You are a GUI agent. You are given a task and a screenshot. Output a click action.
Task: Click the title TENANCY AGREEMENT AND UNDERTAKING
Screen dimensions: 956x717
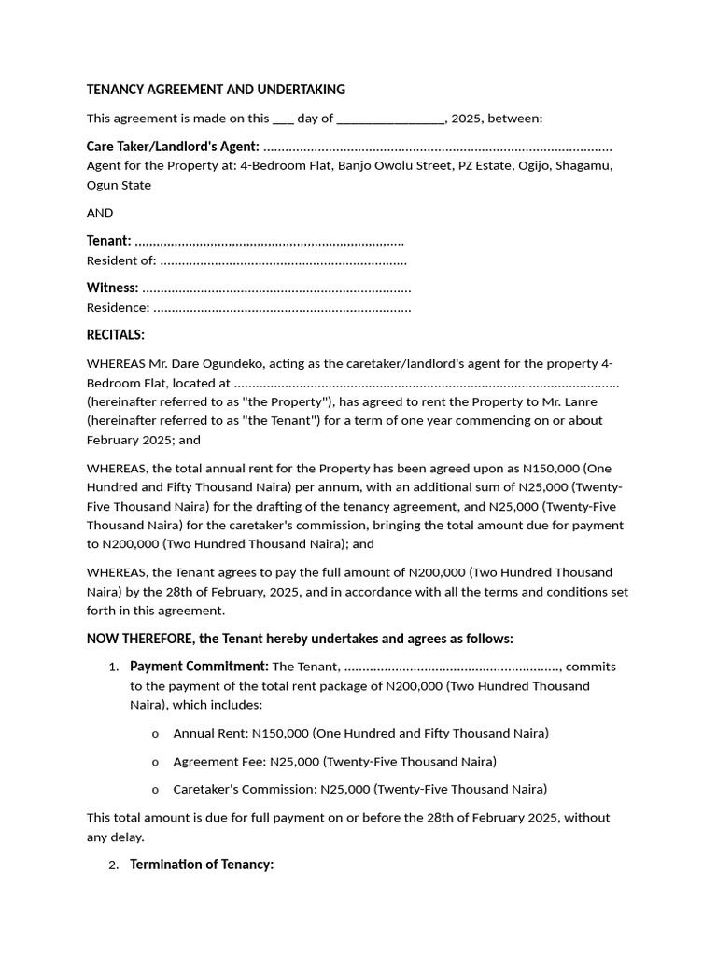[x=216, y=90]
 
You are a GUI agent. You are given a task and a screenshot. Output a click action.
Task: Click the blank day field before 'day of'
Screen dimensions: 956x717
[x=283, y=119]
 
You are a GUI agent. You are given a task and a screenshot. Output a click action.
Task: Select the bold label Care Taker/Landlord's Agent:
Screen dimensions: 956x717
[x=173, y=147]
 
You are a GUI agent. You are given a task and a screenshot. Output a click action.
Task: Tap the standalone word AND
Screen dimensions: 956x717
[x=100, y=213]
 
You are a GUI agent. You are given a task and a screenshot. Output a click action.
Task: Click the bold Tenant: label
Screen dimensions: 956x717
[x=108, y=241]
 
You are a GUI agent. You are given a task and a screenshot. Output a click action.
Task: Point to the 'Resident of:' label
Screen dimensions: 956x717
[x=121, y=260]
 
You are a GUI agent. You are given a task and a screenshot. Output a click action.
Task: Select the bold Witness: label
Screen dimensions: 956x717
[x=112, y=288]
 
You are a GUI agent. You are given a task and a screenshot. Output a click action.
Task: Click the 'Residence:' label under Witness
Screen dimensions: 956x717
[x=118, y=307]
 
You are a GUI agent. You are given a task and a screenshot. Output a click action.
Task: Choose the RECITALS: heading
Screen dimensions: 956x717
[x=116, y=335]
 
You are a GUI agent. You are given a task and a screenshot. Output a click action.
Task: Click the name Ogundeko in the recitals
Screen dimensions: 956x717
[x=250, y=364]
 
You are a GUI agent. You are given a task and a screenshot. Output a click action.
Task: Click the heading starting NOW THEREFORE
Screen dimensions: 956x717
[x=300, y=639]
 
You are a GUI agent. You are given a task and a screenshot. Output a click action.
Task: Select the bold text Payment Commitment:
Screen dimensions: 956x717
[x=199, y=667]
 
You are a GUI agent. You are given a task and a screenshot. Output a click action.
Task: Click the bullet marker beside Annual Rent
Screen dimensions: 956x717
[x=155, y=734]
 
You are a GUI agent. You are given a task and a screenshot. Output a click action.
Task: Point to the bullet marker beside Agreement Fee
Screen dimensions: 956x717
[x=155, y=763]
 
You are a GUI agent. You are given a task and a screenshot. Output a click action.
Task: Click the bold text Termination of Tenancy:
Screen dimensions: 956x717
[x=202, y=865]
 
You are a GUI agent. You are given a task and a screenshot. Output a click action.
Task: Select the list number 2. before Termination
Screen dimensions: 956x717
[x=113, y=865]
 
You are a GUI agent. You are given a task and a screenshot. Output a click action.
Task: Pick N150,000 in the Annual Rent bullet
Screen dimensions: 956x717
[x=280, y=733]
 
